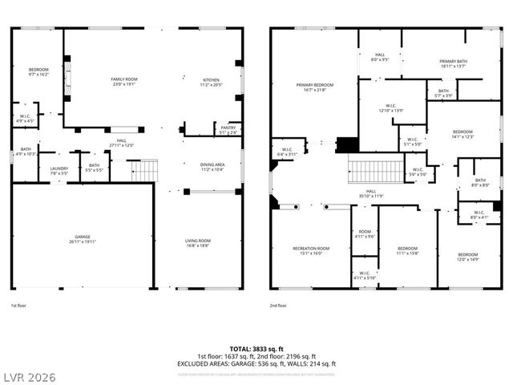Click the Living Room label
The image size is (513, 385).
pyautogui.click(x=198, y=243)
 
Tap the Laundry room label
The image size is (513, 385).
pyautogui.click(x=59, y=168)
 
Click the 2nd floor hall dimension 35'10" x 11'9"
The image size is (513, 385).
pyautogui.click(x=371, y=196)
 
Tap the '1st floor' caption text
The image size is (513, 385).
pyautogui.click(x=19, y=305)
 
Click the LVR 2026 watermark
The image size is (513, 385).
pyautogui.click(x=29, y=376)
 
